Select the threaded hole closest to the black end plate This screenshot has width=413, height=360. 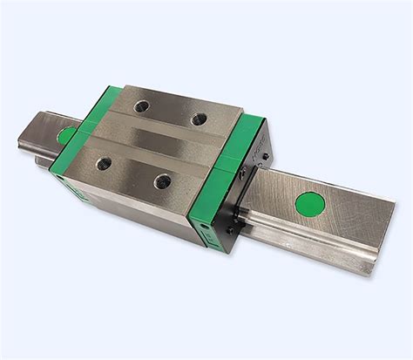196,116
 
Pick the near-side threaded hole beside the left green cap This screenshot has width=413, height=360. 105,161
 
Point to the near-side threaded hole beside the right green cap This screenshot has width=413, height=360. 162,180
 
